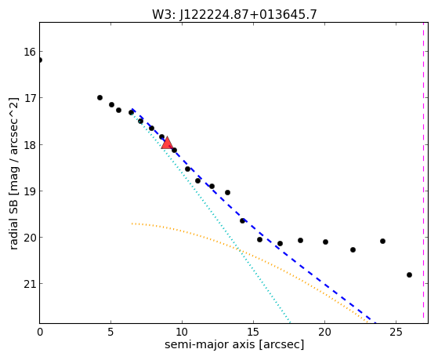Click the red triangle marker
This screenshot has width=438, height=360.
(167, 143)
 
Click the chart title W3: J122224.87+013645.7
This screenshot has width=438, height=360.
(234, 14)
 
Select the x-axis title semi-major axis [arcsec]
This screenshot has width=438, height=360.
(234, 344)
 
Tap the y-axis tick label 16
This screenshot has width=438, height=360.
(30, 52)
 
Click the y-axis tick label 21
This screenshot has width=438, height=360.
(30, 284)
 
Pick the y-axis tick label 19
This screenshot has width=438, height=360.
(30, 191)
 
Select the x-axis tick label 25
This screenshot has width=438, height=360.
(396, 332)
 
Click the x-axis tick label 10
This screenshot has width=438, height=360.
(182, 332)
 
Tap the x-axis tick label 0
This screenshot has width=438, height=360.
(40, 332)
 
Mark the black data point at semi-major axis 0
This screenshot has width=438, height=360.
(40, 60)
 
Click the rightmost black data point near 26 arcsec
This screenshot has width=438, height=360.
(409, 275)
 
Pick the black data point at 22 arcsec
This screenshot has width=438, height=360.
(353, 249)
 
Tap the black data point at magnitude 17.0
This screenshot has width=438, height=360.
(100, 97)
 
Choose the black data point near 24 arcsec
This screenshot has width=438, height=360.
(382, 241)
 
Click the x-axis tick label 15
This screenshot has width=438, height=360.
(253, 332)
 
